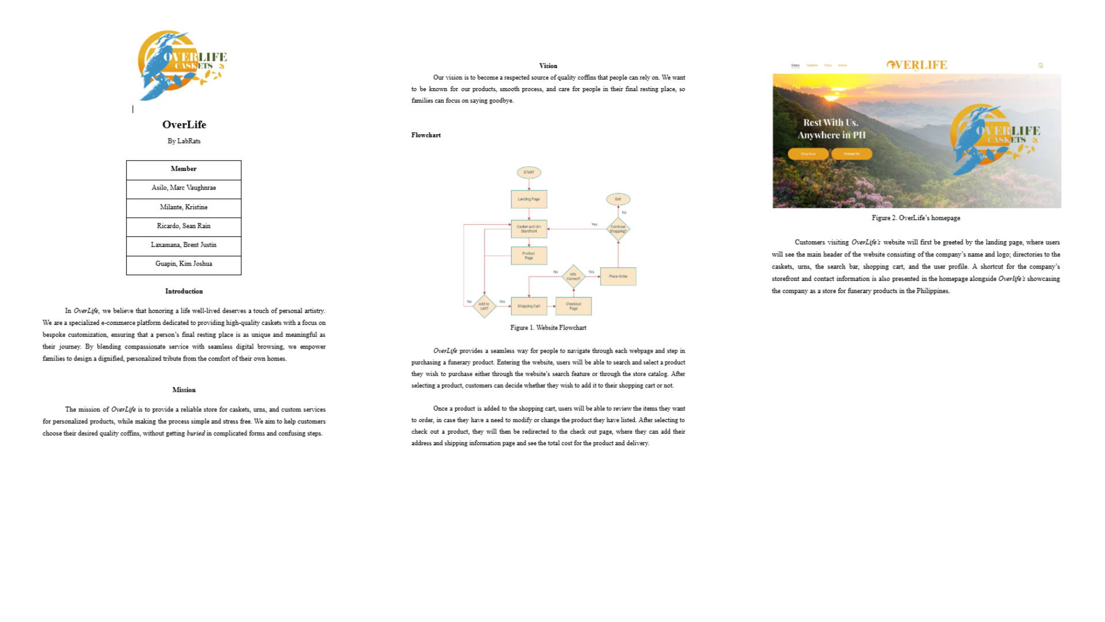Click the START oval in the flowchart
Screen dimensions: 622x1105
pyautogui.click(x=529, y=172)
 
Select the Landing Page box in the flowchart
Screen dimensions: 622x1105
pyautogui.click(x=529, y=199)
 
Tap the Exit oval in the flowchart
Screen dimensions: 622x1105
pyautogui.click(x=618, y=199)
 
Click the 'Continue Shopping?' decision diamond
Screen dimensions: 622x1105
pyautogui.click(x=618, y=229)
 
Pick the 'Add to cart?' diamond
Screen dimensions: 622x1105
pyautogui.click(x=484, y=306)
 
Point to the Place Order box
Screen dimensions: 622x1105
pyautogui.click(x=618, y=276)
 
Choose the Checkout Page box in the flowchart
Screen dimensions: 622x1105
pyautogui.click(x=573, y=306)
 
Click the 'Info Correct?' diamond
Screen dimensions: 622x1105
pyautogui.click(x=573, y=276)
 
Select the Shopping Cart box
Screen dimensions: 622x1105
pyautogui.click(x=529, y=306)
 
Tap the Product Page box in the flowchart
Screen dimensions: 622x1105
pyautogui.click(x=529, y=256)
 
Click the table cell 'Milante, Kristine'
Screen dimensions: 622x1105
pyautogui.click(x=184, y=207)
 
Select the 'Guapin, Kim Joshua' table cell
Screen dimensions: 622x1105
pyautogui.click(x=184, y=264)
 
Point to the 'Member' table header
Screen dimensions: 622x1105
pyautogui.click(x=184, y=169)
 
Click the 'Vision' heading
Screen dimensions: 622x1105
pyautogui.click(x=548, y=66)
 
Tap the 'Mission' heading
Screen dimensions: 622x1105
pyautogui.click(x=184, y=390)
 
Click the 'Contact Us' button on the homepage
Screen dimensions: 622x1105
pyautogui.click(x=852, y=154)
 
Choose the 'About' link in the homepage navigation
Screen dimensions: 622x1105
pyautogui.click(x=843, y=66)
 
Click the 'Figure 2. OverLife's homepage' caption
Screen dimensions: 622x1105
pyautogui.click(x=916, y=218)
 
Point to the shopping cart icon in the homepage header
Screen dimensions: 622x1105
pyautogui.click(x=1041, y=66)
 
